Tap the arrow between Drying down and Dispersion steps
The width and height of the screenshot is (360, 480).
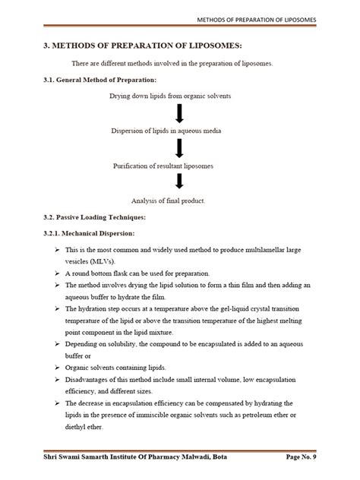click(x=180, y=114)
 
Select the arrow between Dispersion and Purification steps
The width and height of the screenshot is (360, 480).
click(x=180, y=148)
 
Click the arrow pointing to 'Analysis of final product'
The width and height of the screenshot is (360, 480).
click(x=180, y=182)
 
